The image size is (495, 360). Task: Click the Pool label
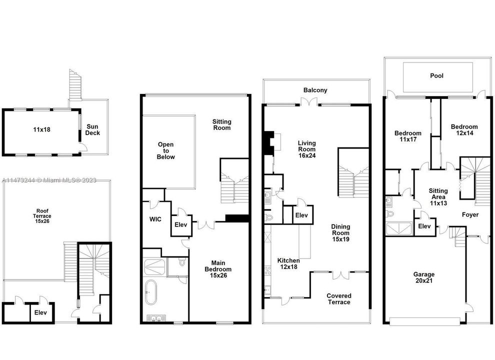pos(437,76)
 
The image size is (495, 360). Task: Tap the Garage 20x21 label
pos(423,278)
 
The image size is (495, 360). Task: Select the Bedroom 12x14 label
pos(463,130)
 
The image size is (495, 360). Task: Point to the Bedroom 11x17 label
pos(408,136)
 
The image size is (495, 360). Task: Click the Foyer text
pos(469,214)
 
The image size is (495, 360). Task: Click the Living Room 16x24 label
pos(306,149)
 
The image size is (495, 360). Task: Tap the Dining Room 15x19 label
pos(340,233)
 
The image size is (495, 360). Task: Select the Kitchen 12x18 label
pos(288,264)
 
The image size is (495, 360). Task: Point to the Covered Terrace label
pos(339,299)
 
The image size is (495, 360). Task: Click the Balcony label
pos(315,90)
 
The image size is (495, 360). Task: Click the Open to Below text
pos(166,150)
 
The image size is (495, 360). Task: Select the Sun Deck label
pos(93,130)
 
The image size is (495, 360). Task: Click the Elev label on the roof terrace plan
pos(40,313)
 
